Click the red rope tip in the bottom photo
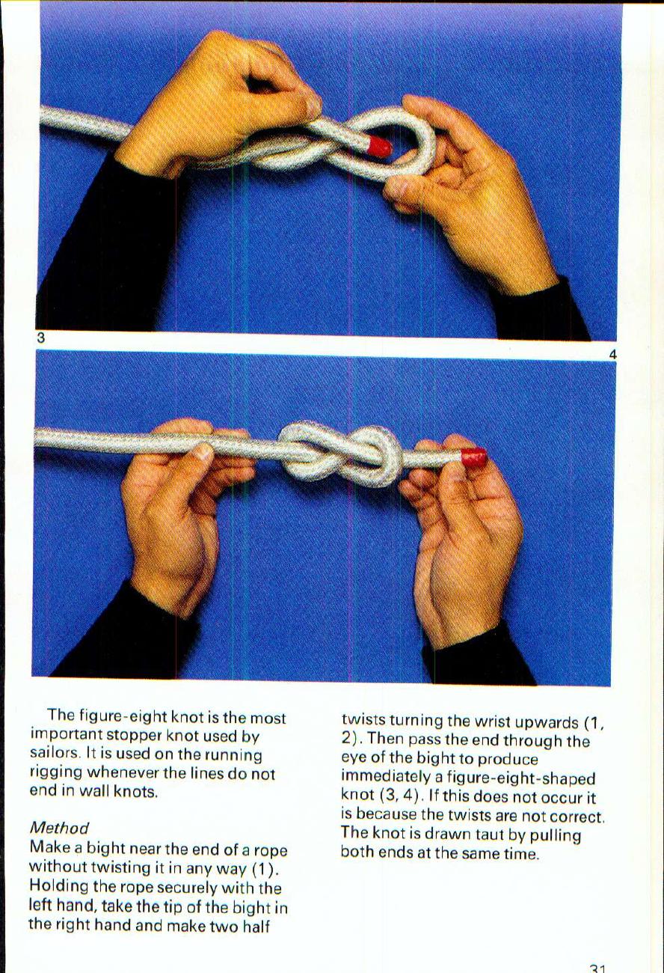click(474, 457)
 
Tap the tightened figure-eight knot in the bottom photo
click(341, 452)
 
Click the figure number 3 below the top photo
click(43, 338)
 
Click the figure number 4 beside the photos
click(612, 356)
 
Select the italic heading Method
click(58, 828)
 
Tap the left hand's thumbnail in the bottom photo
click(202, 451)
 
